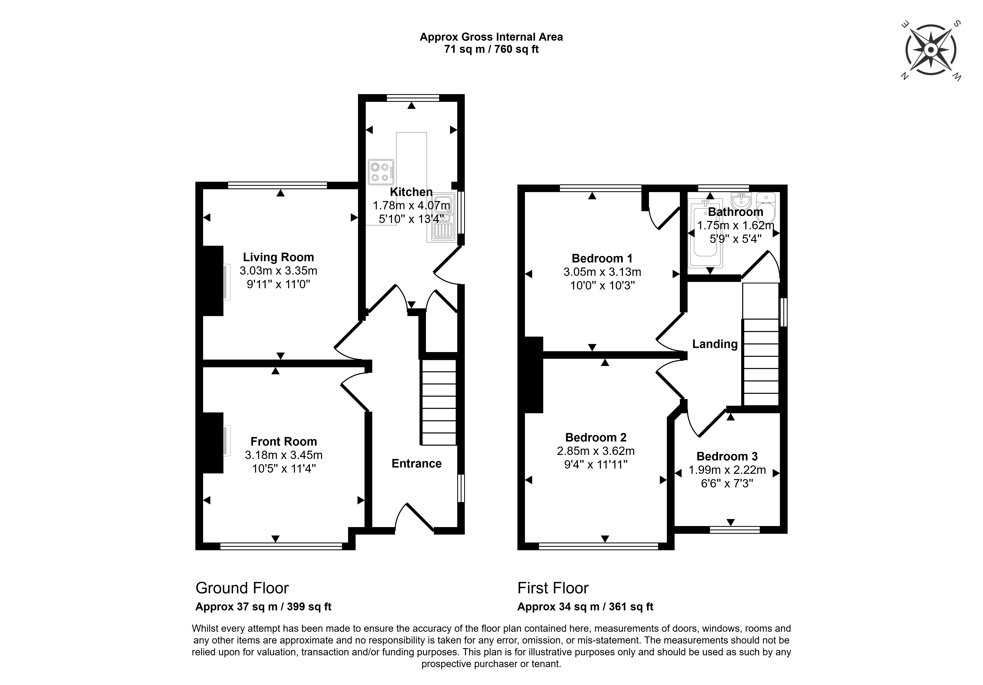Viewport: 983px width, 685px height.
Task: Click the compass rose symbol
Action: (930, 50)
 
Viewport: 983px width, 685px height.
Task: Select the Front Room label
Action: (283, 441)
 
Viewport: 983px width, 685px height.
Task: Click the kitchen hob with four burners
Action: (381, 172)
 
